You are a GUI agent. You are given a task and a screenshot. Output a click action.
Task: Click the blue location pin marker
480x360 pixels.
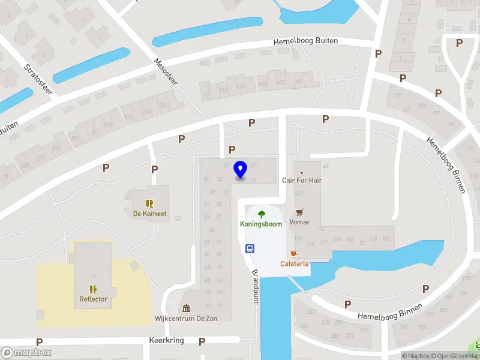(241, 170)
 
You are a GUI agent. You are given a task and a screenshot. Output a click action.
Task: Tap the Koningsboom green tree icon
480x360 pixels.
(262, 214)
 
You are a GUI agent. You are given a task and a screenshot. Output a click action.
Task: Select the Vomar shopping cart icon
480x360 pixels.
(299, 212)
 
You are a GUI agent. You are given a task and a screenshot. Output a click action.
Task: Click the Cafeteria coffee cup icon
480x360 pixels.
(294, 254)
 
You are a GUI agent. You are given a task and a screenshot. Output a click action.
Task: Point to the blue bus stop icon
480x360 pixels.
(249, 248)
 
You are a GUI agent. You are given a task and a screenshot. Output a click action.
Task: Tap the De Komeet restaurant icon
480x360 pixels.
(149, 203)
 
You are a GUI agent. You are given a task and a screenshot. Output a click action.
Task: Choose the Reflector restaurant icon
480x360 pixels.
(93, 289)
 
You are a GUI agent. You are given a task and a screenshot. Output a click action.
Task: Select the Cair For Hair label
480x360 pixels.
(301, 180)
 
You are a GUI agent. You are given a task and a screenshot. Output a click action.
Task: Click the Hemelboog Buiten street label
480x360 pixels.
(305, 41)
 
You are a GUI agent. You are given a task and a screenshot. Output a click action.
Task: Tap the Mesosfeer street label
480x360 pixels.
(166, 71)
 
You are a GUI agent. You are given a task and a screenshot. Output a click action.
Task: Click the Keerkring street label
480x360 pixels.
(166, 340)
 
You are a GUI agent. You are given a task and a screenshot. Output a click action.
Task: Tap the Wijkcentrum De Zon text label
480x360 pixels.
(186, 318)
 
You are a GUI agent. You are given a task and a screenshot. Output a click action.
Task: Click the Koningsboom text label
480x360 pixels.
(262, 224)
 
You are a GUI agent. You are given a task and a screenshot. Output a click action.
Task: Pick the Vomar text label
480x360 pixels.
(299, 222)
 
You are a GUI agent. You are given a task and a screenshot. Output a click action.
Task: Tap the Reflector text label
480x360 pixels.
(93, 299)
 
